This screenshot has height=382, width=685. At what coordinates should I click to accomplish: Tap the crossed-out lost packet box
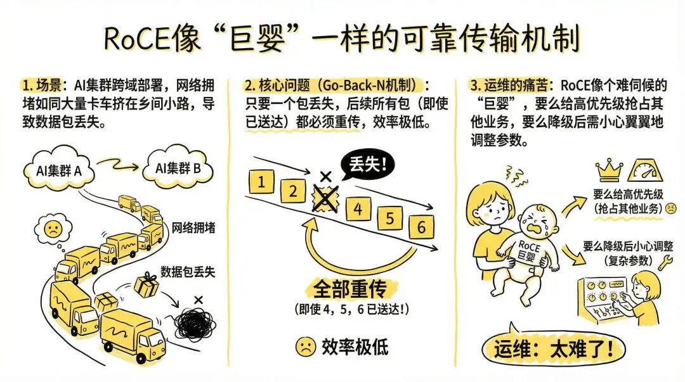pyautogui.click(x=325, y=198)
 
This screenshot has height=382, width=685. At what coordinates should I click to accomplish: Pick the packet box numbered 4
pyautogui.click(x=358, y=209)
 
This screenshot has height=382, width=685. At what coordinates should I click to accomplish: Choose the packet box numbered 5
pyautogui.click(x=390, y=219)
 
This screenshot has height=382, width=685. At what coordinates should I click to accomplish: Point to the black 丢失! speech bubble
pyautogui.click(x=367, y=167)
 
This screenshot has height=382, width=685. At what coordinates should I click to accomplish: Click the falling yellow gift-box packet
pyautogui.click(x=147, y=286)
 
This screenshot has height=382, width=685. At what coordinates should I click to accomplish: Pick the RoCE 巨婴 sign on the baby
pyautogui.click(x=527, y=251)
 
